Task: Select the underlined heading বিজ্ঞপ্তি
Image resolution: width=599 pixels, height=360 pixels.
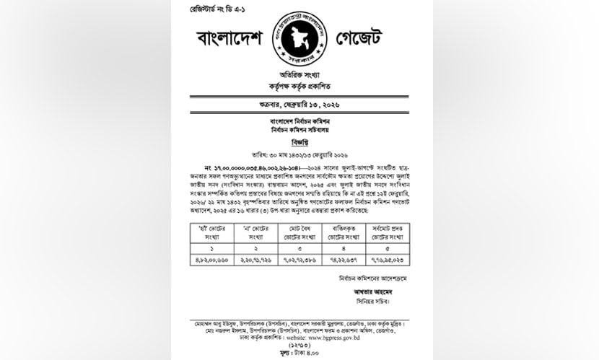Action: pyautogui.click(x=299, y=142)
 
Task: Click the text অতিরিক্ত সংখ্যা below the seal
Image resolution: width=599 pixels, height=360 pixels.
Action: pyautogui.click(x=299, y=75)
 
